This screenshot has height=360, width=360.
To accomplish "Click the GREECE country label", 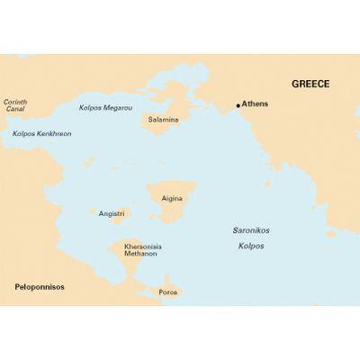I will (x=310, y=84).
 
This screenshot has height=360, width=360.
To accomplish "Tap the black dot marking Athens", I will (x=238, y=105).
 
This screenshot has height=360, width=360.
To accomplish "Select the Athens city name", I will (x=256, y=103).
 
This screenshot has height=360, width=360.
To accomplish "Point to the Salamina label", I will (x=164, y=119).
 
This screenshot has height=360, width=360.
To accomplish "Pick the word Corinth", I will (x=15, y=102).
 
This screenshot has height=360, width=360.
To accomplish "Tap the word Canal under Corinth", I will (x=13, y=110).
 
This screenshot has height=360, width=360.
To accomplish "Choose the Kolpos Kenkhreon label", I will (x=41, y=134).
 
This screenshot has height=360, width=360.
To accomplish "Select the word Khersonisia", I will (x=141, y=246).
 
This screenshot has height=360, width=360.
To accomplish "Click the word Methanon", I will (x=141, y=254).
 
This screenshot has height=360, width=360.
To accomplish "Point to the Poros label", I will (x=167, y=292).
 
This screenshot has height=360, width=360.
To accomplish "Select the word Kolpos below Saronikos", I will (x=251, y=245).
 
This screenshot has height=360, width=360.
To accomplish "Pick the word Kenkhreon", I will (x=53, y=134).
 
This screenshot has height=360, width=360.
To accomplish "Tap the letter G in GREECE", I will (x=294, y=84).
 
